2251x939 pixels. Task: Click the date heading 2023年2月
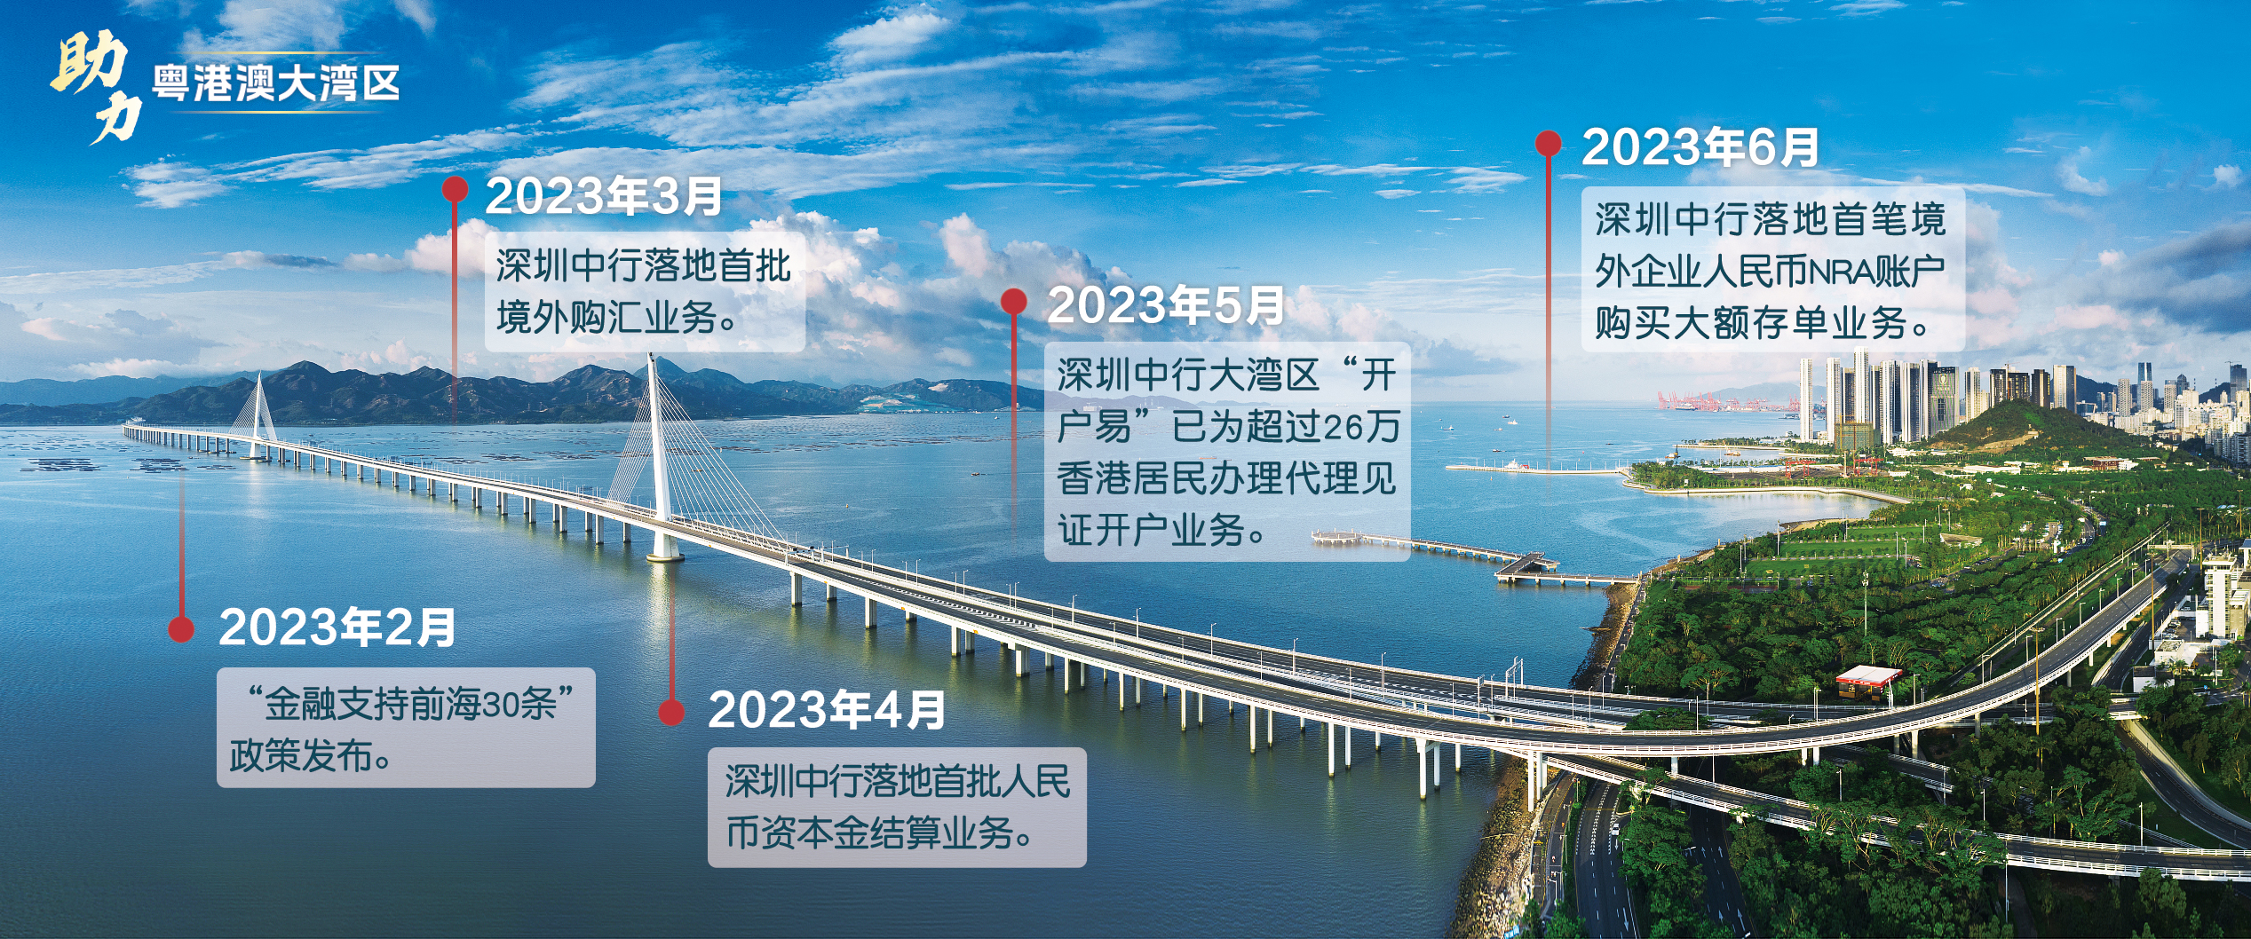click(x=337, y=627)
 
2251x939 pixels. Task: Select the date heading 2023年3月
click(x=604, y=196)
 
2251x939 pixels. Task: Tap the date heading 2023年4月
click(x=827, y=710)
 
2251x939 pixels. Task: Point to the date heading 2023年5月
click(x=1166, y=305)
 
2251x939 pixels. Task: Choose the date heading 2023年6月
click(x=1700, y=147)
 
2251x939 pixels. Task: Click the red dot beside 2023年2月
click(x=181, y=629)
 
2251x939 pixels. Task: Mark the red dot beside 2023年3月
click(x=455, y=188)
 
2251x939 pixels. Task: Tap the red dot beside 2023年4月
click(x=671, y=712)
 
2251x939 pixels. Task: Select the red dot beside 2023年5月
click(x=1014, y=302)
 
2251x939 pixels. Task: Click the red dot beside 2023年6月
click(x=1549, y=144)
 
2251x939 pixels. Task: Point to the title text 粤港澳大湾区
click(x=275, y=83)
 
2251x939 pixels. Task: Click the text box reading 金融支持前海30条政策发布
click(x=406, y=728)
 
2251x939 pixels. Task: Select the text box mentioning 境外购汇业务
click(x=645, y=292)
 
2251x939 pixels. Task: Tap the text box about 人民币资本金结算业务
click(x=897, y=808)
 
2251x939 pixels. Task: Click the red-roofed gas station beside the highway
click(x=1868, y=682)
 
